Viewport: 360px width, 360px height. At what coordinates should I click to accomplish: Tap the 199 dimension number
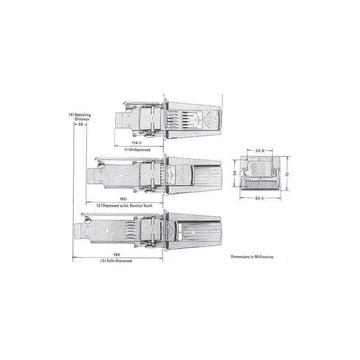click(x=117, y=255)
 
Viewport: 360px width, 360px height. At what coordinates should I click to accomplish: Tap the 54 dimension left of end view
click(x=234, y=173)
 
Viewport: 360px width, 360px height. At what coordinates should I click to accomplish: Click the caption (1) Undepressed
click(x=137, y=149)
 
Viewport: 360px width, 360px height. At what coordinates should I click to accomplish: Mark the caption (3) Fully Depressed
click(x=116, y=261)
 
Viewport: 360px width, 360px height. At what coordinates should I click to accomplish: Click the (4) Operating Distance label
click(x=80, y=117)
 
